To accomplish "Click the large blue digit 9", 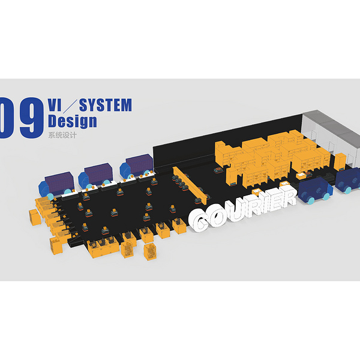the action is [x=31, y=118].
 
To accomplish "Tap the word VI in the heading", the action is [x=55, y=105].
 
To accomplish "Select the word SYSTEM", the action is [x=106, y=105].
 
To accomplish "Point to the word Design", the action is [x=73, y=121].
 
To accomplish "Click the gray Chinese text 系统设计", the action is [x=62, y=135].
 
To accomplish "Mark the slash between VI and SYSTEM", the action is [x=70, y=106].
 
